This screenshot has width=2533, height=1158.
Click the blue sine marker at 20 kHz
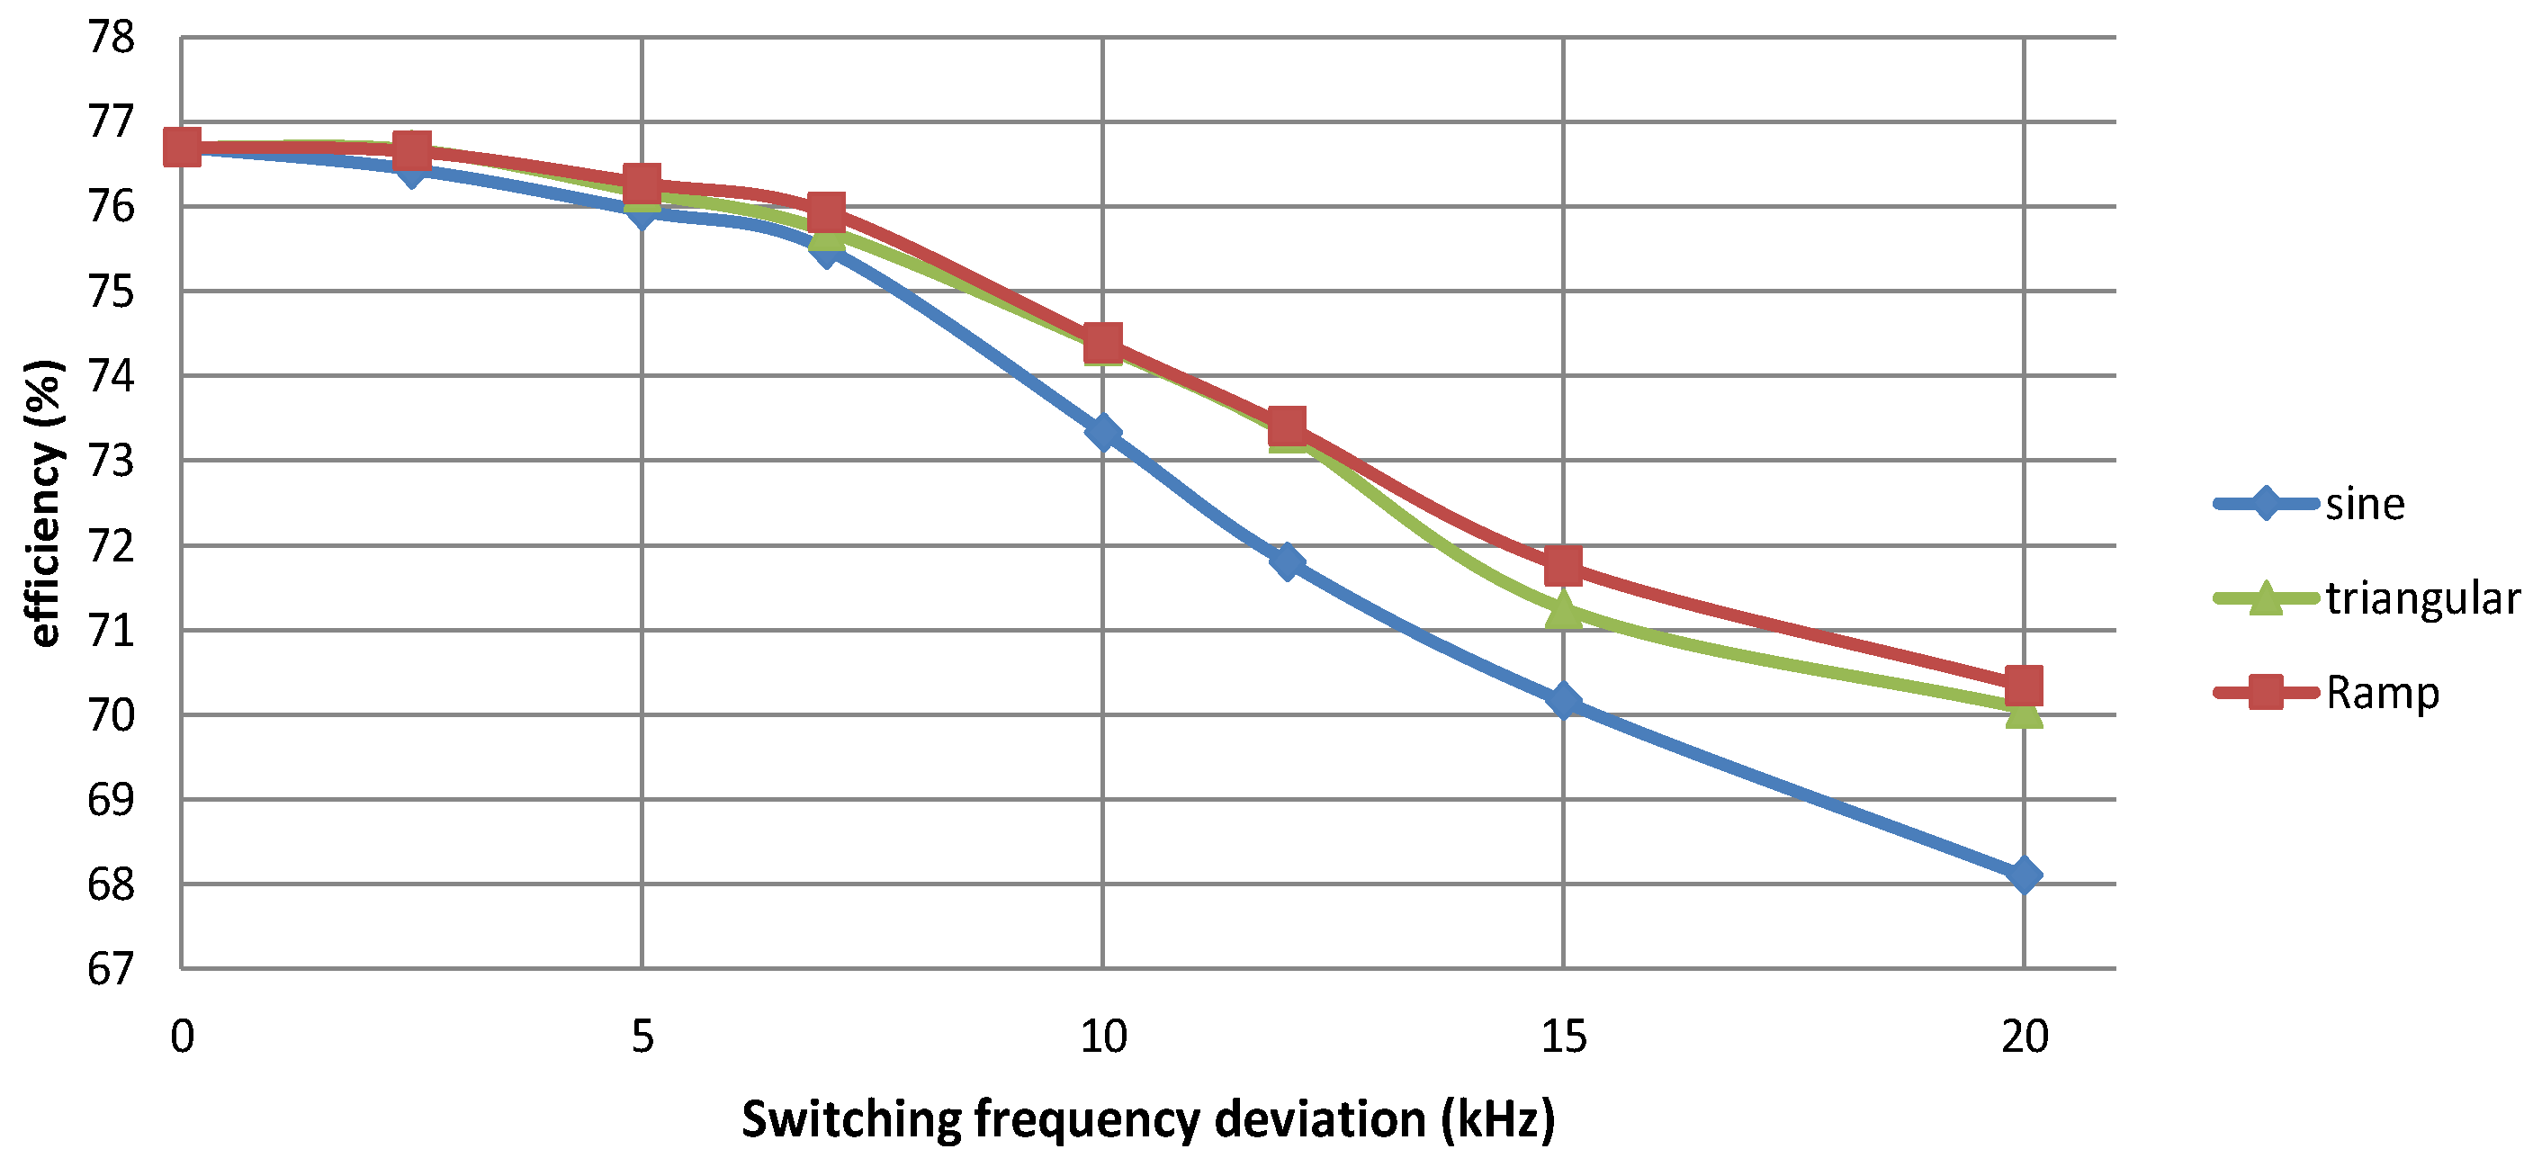2023,874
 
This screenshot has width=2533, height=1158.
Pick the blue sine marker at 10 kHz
1102,432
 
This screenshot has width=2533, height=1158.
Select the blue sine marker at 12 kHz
1286,561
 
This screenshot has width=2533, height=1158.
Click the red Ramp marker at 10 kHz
1102,343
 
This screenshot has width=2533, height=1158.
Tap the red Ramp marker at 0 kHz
182,148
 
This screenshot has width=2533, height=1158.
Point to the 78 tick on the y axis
110,38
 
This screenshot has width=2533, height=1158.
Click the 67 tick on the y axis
110,969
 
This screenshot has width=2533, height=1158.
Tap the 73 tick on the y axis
110,460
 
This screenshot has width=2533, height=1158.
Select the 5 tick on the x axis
642,1037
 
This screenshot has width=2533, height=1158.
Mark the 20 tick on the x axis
2024,1037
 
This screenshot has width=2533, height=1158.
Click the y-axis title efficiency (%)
44,502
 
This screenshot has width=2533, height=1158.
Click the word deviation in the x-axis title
1318,1118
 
